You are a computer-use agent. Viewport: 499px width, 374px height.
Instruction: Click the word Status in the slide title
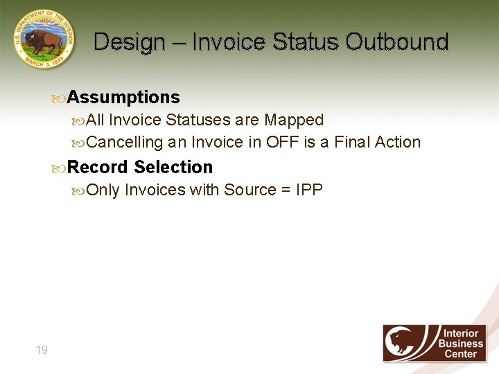pyautogui.click(x=303, y=42)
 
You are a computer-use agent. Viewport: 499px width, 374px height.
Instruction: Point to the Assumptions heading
pyautogui.click(x=123, y=98)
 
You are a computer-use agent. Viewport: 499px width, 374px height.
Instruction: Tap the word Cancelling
pyautogui.click(x=125, y=143)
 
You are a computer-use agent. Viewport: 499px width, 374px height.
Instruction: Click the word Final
pyautogui.click(x=353, y=143)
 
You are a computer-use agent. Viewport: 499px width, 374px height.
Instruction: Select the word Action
pyautogui.click(x=398, y=143)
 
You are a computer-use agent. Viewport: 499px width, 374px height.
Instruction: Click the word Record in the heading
pyautogui.click(x=98, y=168)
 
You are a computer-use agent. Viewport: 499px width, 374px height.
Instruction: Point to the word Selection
pyautogui.click(x=174, y=168)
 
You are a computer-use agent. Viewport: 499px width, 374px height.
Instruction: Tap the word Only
pyautogui.click(x=103, y=190)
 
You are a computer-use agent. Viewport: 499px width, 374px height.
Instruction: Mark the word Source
pyautogui.click(x=249, y=190)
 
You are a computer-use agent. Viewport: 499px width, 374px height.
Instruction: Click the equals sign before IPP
pyautogui.click(x=286, y=190)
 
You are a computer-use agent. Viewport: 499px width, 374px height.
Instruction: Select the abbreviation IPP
pyautogui.click(x=309, y=190)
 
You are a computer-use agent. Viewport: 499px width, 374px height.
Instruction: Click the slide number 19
pyautogui.click(x=42, y=350)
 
